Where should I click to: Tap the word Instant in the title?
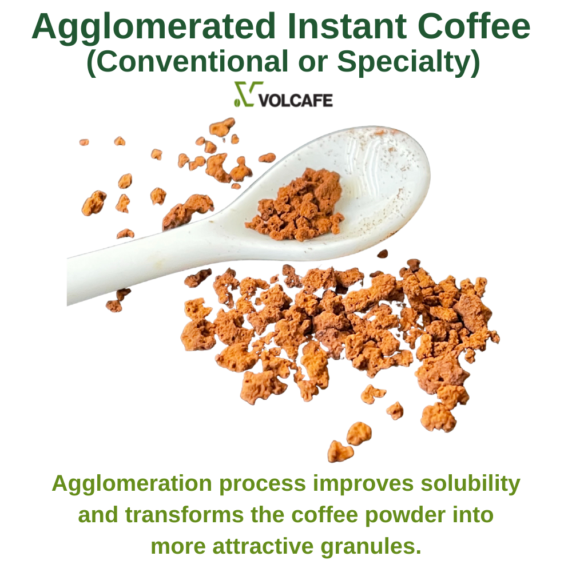click(347, 26)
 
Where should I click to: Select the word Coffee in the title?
click(474, 26)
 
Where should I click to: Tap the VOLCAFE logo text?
click(296, 100)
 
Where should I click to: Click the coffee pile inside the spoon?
click(296, 206)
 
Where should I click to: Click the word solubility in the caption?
click(471, 484)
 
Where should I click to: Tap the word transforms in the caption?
click(184, 515)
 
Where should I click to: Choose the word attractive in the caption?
click(263, 547)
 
